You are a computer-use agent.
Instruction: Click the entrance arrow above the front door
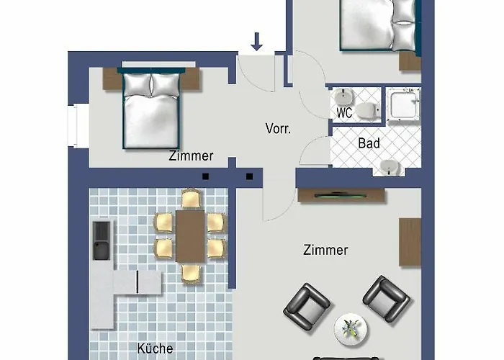tap(256, 42)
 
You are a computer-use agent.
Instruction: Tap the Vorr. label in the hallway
tap(278, 129)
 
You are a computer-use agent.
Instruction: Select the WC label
tap(344, 113)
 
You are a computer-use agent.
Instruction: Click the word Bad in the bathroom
tap(369, 143)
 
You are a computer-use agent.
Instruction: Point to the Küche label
tap(155, 348)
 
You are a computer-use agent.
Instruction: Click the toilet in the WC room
tap(369, 110)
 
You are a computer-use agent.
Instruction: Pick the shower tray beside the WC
tap(403, 105)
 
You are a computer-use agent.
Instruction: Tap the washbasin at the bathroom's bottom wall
tap(390, 167)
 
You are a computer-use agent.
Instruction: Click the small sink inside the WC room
tap(343, 96)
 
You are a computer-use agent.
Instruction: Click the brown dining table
tap(190, 236)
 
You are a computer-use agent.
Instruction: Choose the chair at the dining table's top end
tap(192, 199)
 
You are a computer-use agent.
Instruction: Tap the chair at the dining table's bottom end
tap(191, 274)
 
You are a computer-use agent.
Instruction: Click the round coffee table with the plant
tap(351, 330)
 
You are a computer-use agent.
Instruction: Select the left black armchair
tap(306, 306)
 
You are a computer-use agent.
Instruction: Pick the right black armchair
tap(387, 299)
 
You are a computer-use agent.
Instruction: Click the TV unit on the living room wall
tap(341, 195)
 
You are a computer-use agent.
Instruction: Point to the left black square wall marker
tap(206, 176)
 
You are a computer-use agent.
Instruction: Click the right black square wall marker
tap(249, 176)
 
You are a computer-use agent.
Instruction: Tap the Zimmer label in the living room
tap(325, 250)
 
